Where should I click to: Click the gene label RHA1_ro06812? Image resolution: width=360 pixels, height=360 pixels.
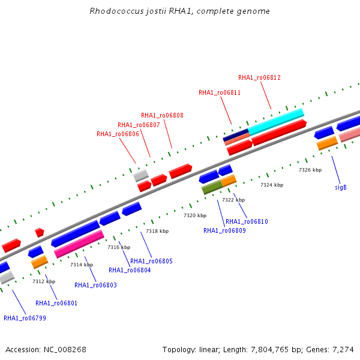259,77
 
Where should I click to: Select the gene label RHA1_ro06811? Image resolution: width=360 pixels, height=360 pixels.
220,92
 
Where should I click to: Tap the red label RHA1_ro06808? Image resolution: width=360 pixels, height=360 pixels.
162,115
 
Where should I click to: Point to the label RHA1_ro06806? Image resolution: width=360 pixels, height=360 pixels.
118,134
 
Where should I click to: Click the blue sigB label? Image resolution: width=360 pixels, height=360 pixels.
341,188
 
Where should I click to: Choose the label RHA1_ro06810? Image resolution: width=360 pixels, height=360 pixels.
247,221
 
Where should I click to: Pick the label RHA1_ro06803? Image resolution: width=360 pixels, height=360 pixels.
95,285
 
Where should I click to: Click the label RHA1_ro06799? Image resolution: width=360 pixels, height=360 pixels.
25,318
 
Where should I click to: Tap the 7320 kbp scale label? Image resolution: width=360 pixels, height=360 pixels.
195,215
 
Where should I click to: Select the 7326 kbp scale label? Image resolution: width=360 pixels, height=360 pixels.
310,170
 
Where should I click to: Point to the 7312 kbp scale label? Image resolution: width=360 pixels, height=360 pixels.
44,281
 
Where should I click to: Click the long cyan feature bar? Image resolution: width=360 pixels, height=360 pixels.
276,122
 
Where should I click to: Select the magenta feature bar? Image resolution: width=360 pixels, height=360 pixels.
79,244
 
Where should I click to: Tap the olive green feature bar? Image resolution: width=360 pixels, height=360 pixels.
212,187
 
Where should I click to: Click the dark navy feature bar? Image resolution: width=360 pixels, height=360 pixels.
236,135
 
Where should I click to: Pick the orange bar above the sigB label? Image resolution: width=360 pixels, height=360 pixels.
327,143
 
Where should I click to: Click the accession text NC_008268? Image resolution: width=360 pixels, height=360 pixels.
65,350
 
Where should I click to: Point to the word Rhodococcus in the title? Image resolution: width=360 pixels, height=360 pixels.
116,11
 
